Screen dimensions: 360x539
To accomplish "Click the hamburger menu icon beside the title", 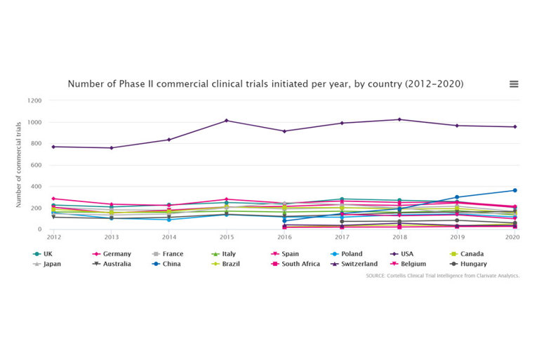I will [514, 84].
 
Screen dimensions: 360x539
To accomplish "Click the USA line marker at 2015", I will [227, 121].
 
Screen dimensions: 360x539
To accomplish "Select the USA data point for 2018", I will [399, 119].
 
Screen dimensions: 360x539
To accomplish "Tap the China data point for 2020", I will [514, 190].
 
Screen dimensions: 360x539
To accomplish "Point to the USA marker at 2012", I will [54, 147].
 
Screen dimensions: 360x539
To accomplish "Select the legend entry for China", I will [169, 264].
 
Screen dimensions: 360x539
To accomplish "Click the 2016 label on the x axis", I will [284, 237].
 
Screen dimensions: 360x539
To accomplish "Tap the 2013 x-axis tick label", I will [111, 237].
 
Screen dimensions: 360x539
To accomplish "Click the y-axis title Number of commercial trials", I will [19, 165].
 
